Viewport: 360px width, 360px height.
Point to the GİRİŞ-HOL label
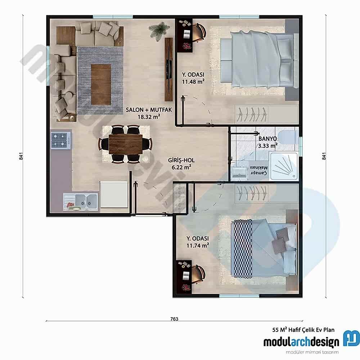179,160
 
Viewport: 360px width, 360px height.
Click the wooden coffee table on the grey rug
101,84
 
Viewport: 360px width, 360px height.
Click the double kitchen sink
81,201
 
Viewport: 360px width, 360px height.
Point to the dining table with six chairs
126,144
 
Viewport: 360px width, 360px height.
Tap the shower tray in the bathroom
284,166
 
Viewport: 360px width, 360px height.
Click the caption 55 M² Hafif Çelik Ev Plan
303,329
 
